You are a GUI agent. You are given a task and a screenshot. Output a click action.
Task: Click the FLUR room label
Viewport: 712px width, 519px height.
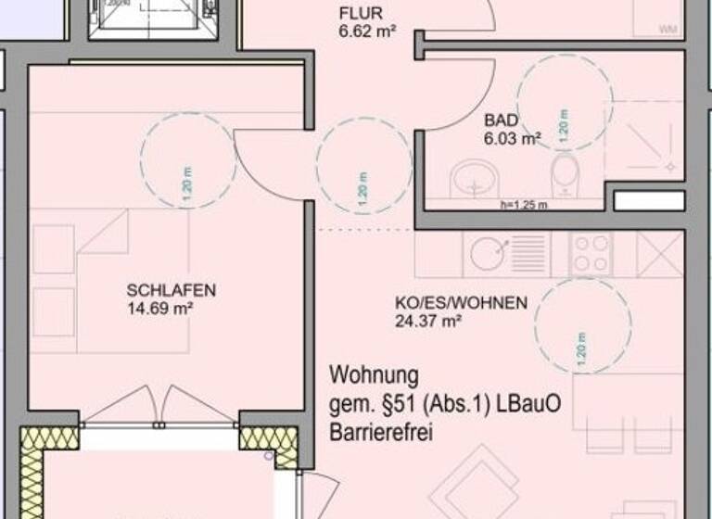point(356,14)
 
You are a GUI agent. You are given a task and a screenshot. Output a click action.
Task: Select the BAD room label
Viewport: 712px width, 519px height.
point(501,120)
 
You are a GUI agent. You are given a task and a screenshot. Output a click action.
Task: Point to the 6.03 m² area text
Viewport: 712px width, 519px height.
point(512,139)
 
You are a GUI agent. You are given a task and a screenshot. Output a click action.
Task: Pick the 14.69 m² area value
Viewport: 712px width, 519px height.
point(159,308)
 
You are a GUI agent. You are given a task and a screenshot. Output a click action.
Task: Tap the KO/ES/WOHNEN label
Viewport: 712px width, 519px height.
point(461,303)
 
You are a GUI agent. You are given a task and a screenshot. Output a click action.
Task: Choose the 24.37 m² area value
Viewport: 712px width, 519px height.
point(427,322)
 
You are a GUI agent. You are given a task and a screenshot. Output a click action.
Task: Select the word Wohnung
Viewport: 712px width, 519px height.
point(374,376)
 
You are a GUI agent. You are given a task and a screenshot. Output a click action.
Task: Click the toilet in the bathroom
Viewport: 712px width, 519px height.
point(564,176)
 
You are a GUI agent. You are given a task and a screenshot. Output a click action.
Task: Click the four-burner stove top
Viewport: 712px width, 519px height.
point(591,253)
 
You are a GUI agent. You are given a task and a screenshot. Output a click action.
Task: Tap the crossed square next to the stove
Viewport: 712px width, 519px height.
point(660,253)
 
